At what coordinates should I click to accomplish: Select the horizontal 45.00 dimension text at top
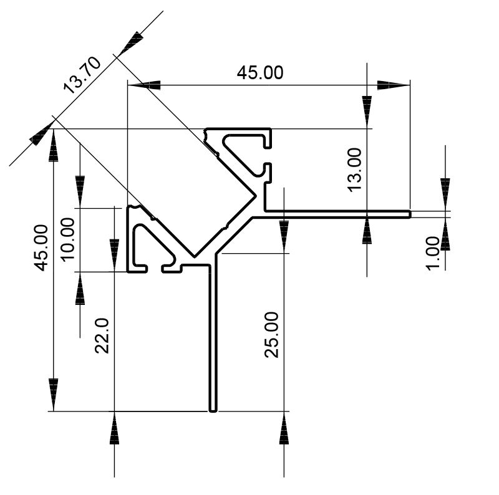pyautogui.click(x=259, y=73)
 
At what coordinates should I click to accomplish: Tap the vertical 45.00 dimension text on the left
pyautogui.click(x=41, y=247)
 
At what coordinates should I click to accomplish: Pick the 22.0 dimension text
pyautogui.click(x=103, y=335)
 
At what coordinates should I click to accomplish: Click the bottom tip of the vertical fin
pyautogui.click(x=212, y=410)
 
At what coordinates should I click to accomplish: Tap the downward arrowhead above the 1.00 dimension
pyautogui.click(x=445, y=187)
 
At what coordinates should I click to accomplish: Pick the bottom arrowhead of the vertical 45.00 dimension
pyautogui.click(x=54, y=393)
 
